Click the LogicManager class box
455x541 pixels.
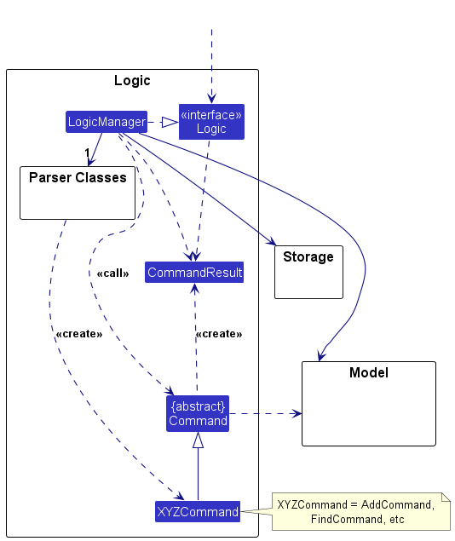click(x=107, y=122)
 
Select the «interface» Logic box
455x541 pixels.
click(x=211, y=122)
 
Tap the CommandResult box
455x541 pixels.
click(x=195, y=273)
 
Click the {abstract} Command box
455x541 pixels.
click(x=198, y=412)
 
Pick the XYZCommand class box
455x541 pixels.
click(x=198, y=512)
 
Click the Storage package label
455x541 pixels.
click(x=308, y=256)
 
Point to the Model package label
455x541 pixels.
click(x=368, y=373)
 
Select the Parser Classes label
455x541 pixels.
click(x=78, y=178)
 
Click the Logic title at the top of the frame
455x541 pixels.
click(x=132, y=81)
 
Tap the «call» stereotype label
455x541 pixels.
click(x=112, y=274)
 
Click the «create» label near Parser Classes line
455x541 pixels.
click(x=78, y=334)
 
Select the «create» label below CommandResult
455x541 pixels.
click(x=218, y=334)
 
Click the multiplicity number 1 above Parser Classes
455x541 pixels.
click(x=87, y=153)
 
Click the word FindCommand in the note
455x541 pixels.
click(x=340, y=519)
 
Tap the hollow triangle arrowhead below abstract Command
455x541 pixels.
click(x=198, y=440)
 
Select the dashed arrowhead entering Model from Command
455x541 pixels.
click(x=297, y=413)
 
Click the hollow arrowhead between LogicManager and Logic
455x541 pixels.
click(x=170, y=123)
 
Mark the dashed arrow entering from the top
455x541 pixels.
click(x=211, y=68)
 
